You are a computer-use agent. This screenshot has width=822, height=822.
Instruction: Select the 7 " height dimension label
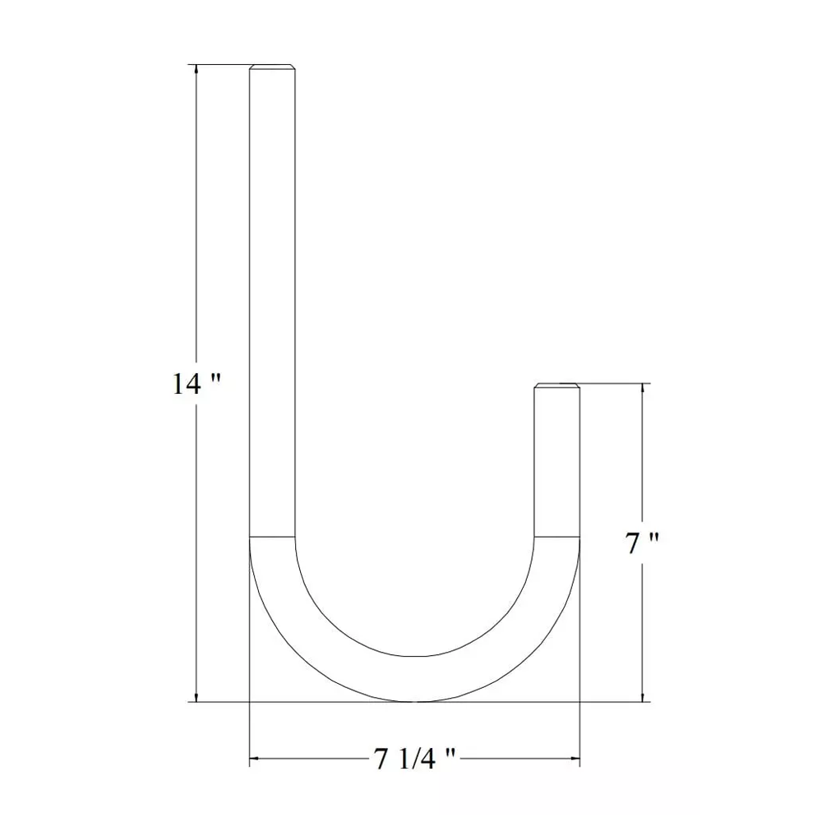642,543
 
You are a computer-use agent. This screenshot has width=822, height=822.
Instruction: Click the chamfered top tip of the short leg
557,386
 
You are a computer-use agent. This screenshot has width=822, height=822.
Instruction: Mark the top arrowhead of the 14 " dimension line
196,70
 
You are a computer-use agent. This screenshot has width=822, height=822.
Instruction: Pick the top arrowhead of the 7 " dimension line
642,388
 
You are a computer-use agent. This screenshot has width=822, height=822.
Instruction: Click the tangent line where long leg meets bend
273,538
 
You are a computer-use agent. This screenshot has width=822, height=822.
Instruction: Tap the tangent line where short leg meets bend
557,538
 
